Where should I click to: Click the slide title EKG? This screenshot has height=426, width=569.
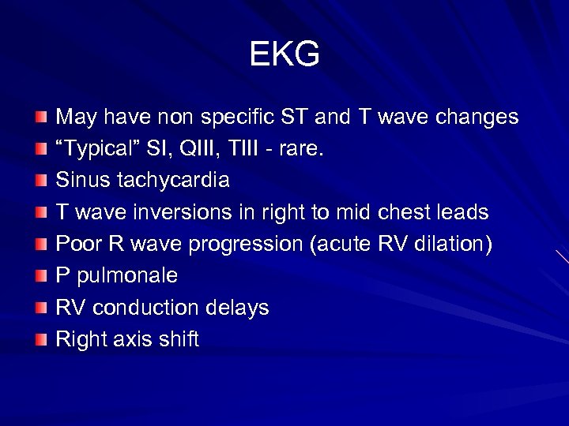click(x=284, y=54)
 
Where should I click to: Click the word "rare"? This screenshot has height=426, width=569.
click(x=301, y=149)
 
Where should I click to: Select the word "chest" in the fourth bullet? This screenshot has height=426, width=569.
click(x=404, y=213)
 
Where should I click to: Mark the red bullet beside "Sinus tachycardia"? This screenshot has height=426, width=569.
click(x=41, y=181)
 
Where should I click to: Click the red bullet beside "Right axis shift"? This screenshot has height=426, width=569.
click(x=41, y=339)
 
